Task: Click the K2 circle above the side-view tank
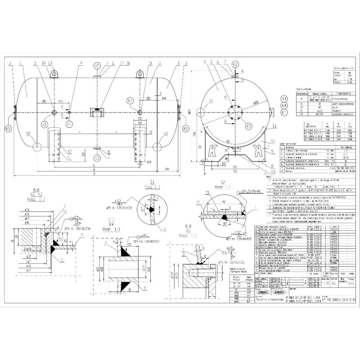pos(97,65)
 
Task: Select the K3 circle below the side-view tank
pos(97,158)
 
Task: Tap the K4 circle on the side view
pos(68,124)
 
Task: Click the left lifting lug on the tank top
pos(53,74)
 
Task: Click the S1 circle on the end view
pos(211,103)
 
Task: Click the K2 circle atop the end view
pos(235,65)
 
